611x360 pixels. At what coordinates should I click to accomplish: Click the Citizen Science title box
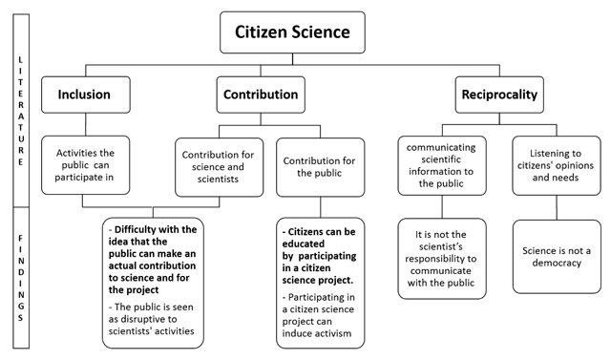[x=292, y=32]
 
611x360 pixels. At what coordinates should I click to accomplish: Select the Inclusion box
[x=86, y=95]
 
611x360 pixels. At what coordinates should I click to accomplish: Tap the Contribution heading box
[x=260, y=95]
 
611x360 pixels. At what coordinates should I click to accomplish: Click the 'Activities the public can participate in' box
[x=86, y=165]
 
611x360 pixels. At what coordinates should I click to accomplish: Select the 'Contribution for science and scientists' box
[x=219, y=165]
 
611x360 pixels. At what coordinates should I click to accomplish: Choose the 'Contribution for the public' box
[x=320, y=165]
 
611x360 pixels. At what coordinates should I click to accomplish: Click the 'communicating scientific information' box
[x=442, y=165]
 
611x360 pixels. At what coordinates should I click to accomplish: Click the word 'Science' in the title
[x=323, y=32]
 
